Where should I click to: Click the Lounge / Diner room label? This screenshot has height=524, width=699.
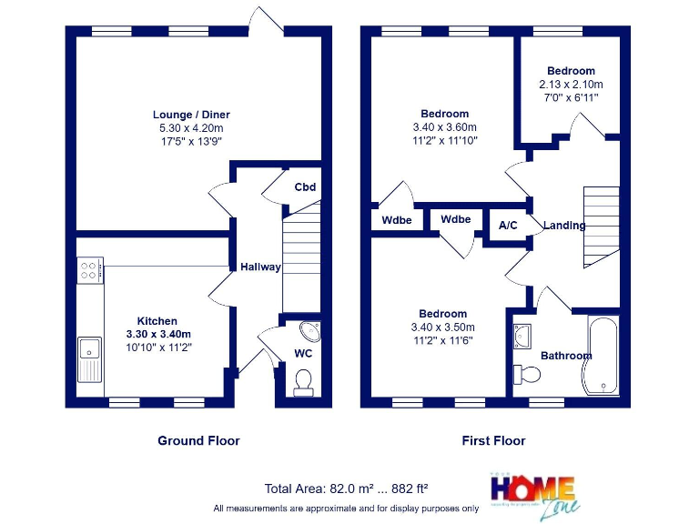[x=191, y=115]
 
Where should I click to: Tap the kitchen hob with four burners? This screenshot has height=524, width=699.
[x=90, y=270]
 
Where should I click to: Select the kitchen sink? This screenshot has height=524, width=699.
[x=91, y=356]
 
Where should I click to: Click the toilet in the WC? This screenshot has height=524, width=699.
[x=303, y=381]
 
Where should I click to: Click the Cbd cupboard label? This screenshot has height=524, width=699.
[x=305, y=187]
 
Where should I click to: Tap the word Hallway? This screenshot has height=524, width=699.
[x=260, y=267]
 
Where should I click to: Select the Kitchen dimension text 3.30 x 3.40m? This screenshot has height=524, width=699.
[x=158, y=334]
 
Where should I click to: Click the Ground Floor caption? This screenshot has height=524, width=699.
[x=198, y=440]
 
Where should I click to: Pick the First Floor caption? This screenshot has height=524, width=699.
[x=493, y=440]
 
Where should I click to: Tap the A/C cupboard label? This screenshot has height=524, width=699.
[x=509, y=225]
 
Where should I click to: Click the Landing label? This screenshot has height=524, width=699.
[x=564, y=225]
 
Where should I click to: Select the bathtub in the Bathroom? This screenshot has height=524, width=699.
[x=602, y=355]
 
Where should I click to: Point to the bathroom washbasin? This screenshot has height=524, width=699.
[x=523, y=336]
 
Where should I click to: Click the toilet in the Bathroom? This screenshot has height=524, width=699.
[x=525, y=373]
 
